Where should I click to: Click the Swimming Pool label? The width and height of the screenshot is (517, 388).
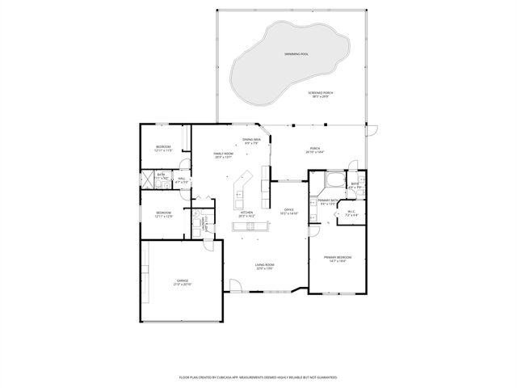click(x=296, y=53)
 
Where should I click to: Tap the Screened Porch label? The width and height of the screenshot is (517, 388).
click(x=321, y=95)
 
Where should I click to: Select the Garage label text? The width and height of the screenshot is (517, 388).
click(x=183, y=283)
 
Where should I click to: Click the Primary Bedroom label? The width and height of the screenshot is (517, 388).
click(x=338, y=259)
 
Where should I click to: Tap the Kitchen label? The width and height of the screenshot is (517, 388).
click(x=246, y=215)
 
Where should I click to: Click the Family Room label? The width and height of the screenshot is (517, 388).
click(x=223, y=155)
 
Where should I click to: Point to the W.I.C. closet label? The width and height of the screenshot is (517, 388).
click(x=351, y=215)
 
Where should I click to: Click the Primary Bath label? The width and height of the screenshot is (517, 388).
click(x=328, y=202)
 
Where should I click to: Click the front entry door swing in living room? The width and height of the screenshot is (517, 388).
click(x=235, y=285)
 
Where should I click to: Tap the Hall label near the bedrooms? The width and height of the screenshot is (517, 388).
click(x=181, y=180)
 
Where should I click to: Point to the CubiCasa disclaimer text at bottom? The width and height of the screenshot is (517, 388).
click(x=258, y=377)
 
